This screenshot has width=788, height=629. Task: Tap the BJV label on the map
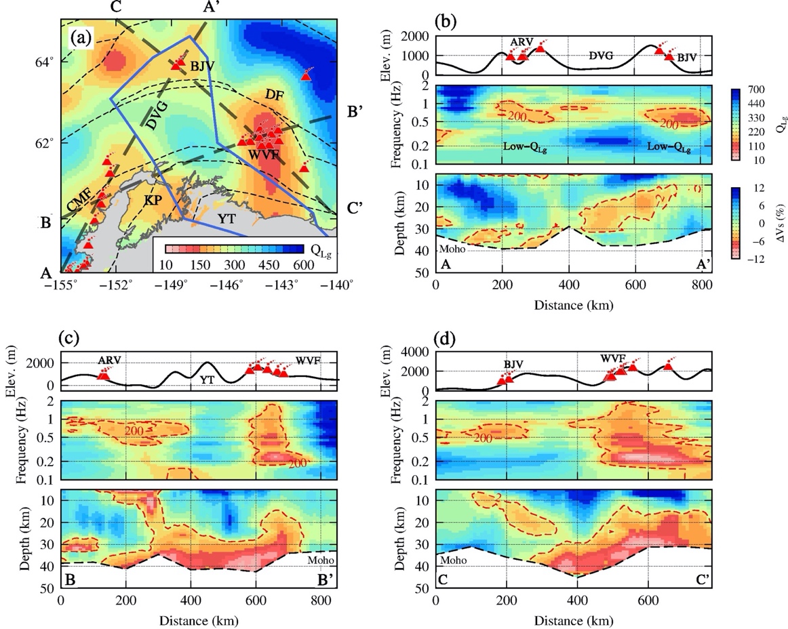pyautogui.click(x=201, y=66)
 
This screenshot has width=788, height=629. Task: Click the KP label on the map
pyautogui.click(x=153, y=201)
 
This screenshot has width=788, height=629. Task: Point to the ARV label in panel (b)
pyautogui.click(x=521, y=42)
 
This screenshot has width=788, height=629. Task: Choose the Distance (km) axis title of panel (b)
pyautogui.click(x=573, y=304)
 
